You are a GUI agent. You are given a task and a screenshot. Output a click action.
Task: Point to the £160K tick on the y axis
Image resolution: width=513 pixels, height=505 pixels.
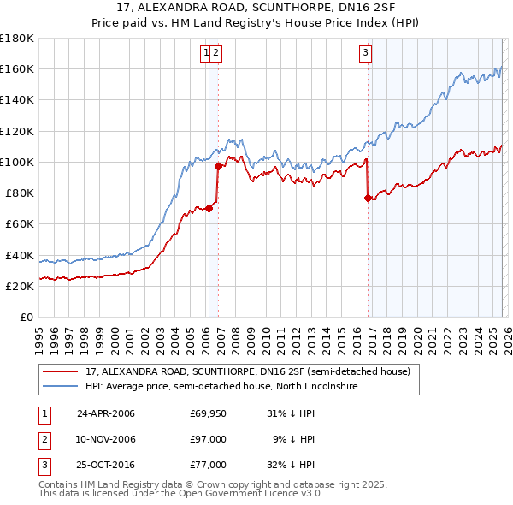click(x=17, y=69)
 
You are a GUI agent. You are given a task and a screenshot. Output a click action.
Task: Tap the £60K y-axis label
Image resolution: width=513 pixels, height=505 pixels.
click(x=20, y=224)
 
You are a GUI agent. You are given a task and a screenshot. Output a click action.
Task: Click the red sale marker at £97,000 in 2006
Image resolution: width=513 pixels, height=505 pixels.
click(x=219, y=167)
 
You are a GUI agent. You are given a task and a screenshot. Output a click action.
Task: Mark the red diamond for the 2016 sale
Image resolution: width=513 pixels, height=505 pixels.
click(x=369, y=198)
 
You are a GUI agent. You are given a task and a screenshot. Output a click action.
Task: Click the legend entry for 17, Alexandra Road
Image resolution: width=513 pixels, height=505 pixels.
click(x=248, y=372)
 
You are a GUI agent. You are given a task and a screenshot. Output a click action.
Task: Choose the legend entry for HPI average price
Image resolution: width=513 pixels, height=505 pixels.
click(x=221, y=387)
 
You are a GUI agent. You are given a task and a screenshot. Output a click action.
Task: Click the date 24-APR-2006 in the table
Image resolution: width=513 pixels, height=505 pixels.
click(x=105, y=413)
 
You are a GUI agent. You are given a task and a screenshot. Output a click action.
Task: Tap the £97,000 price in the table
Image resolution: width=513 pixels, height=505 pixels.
click(x=208, y=439)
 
